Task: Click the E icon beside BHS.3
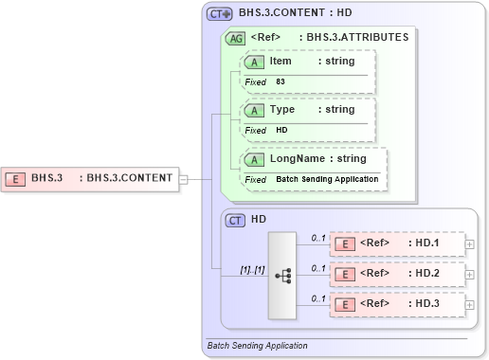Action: tap(16, 177)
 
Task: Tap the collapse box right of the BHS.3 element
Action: tap(184, 177)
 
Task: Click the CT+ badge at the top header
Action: tap(220, 14)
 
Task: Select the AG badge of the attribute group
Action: tap(233, 39)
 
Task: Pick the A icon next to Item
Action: tap(255, 62)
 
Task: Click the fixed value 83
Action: tap(281, 81)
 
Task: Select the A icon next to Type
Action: tap(255, 110)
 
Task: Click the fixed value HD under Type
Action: tap(281, 130)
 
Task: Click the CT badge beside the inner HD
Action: tap(236, 220)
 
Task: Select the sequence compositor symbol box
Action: tap(282, 275)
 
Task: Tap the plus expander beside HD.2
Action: tap(470, 275)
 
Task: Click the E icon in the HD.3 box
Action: tap(347, 305)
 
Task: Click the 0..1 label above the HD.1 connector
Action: tap(318, 238)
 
